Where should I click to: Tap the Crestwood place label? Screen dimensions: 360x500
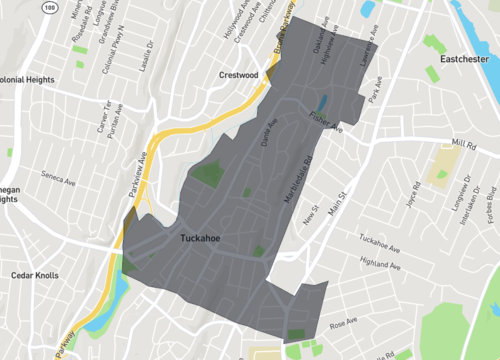tap(238, 74)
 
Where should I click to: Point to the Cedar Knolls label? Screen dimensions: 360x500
tap(36, 275)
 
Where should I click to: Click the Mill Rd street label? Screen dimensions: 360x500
tap(464, 144)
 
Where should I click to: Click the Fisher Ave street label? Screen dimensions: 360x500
tap(325, 123)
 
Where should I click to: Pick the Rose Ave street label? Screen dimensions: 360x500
tap(343, 323)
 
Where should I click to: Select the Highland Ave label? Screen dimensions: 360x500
tap(380, 266)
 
